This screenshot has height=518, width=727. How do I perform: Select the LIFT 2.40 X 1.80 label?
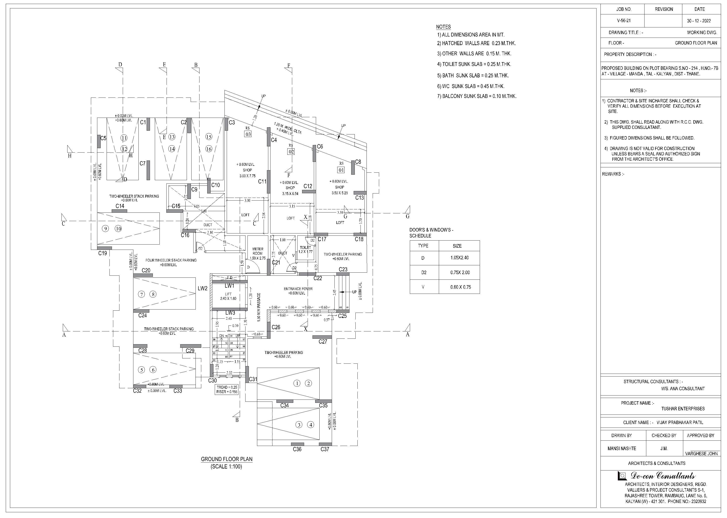tap(228, 296)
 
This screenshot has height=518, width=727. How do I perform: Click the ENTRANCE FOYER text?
tap(298, 289)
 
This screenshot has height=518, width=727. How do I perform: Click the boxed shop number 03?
tap(248, 134)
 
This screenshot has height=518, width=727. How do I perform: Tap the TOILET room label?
tap(305, 248)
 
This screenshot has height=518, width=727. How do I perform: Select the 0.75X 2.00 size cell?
tap(460, 272)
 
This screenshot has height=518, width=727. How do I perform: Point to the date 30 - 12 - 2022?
tap(699, 21)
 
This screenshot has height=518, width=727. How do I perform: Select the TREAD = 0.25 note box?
tap(227, 387)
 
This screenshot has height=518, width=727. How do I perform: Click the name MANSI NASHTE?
tap(621, 448)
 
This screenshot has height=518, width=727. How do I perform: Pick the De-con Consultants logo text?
tap(663, 476)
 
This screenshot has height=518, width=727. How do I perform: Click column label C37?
tap(324, 449)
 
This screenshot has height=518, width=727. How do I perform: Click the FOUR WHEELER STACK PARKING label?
tap(171, 260)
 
